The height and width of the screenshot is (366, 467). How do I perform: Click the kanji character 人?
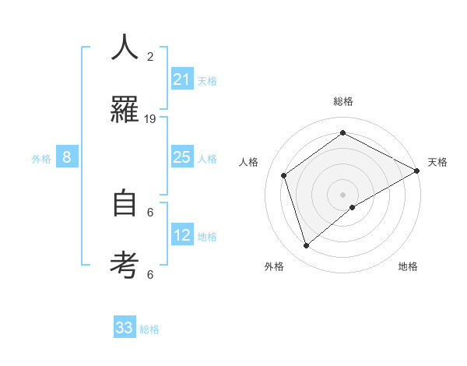[x=125, y=48]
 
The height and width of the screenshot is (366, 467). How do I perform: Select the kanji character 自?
[x=125, y=203]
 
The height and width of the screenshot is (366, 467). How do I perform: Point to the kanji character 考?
[x=125, y=264]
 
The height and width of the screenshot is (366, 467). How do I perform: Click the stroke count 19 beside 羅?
[x=150, y=118]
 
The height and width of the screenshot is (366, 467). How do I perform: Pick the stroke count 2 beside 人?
[x=150, y=57]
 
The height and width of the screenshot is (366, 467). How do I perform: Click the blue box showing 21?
[x=182, y=79]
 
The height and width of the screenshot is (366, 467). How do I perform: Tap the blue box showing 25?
[x=182, y=157]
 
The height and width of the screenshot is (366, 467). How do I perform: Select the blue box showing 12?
[x=182, y=235]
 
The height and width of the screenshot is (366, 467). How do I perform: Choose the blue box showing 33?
[x=125, y=328]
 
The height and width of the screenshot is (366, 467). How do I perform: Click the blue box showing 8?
[x=67, y=157]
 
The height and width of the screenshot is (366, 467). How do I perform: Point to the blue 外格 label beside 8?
[x=41, y=158]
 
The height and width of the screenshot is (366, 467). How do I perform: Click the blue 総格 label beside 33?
[x=149, y=329]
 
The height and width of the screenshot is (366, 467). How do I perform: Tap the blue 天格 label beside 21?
[x=207, y=80]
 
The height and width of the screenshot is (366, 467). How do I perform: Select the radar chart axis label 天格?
[x=437, y=162]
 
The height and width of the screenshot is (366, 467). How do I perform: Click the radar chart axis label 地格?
[x=408, y=266]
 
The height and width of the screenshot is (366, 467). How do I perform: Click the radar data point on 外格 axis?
[x=307, y=246]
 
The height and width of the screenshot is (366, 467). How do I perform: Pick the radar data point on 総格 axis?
[x=343, y=133]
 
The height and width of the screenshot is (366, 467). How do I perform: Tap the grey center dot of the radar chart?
[x=343, y=195]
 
